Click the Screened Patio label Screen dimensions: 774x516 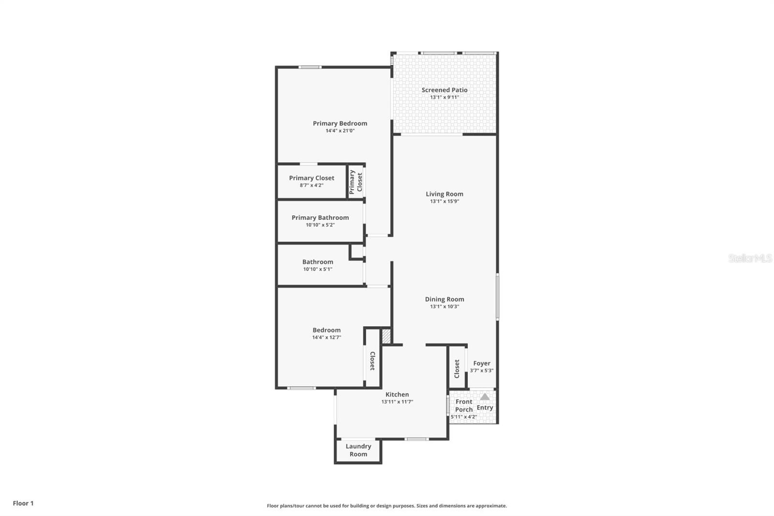pos(445,90)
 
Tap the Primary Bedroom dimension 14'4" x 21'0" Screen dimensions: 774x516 pos(340,131)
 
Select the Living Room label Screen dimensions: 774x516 pos(445,194)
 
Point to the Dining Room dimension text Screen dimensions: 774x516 pos(445,306)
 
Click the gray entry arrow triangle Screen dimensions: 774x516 pos(485,397)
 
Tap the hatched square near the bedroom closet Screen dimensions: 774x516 pos(386,336)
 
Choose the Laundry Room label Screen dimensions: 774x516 pos(358,450)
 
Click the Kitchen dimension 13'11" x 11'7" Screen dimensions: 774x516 pos(397,402)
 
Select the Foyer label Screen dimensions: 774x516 pos(482,363)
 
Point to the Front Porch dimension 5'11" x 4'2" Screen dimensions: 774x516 pos(464,417)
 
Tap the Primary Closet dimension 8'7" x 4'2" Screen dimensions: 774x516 pos(312,185)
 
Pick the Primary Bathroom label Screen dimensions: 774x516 pos(320,217)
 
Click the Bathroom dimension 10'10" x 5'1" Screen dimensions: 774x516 pos(318,269)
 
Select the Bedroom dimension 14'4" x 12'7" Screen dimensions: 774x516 pos(327,337)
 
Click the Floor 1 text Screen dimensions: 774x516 pos(23,503)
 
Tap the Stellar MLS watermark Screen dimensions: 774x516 pos(750,258)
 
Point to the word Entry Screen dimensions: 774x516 pos(485,408)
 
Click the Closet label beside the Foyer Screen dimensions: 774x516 pos(457,369)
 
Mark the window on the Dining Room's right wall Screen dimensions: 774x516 pos(498,296)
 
